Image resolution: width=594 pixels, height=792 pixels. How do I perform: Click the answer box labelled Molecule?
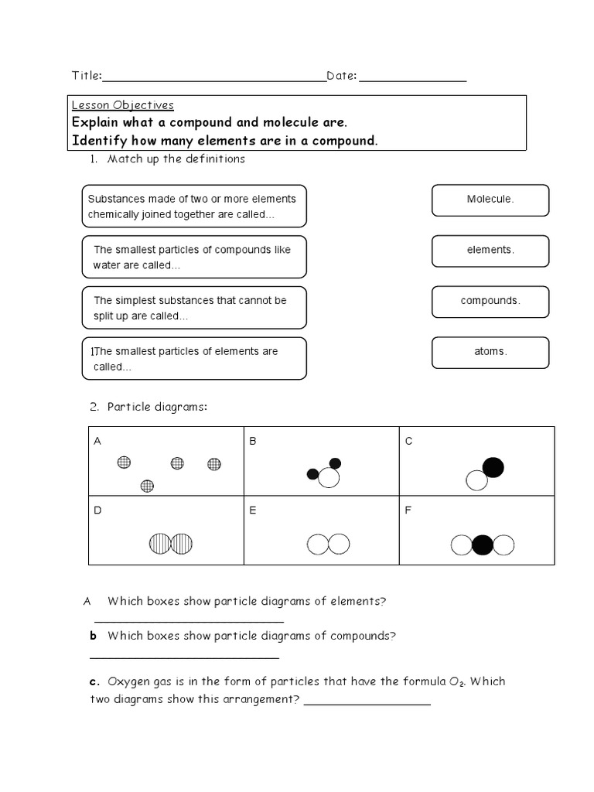(490, 200)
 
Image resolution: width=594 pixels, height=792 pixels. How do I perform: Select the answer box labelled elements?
(490, 251)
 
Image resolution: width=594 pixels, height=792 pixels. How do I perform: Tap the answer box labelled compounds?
(490, 301)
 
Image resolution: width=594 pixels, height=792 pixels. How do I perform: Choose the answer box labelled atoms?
(490, 352)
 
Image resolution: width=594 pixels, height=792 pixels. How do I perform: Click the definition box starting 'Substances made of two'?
(193, 207)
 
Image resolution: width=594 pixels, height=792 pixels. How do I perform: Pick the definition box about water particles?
(193, 258)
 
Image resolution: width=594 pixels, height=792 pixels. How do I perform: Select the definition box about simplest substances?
(193, 308)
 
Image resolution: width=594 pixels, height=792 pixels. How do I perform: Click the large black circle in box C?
(493, 467)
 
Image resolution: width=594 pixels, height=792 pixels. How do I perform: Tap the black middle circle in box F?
(483, 545)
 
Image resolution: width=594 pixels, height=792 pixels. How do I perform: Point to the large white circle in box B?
(329, 479)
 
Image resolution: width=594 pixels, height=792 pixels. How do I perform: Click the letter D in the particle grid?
(97, 510)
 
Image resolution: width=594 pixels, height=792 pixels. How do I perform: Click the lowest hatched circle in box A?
(147, 486)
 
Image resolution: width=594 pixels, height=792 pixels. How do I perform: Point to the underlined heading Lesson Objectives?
(123, 105)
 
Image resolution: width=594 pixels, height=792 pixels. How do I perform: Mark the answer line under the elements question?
(189, 621)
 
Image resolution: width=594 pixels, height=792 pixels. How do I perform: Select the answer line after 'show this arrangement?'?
(367, 703)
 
